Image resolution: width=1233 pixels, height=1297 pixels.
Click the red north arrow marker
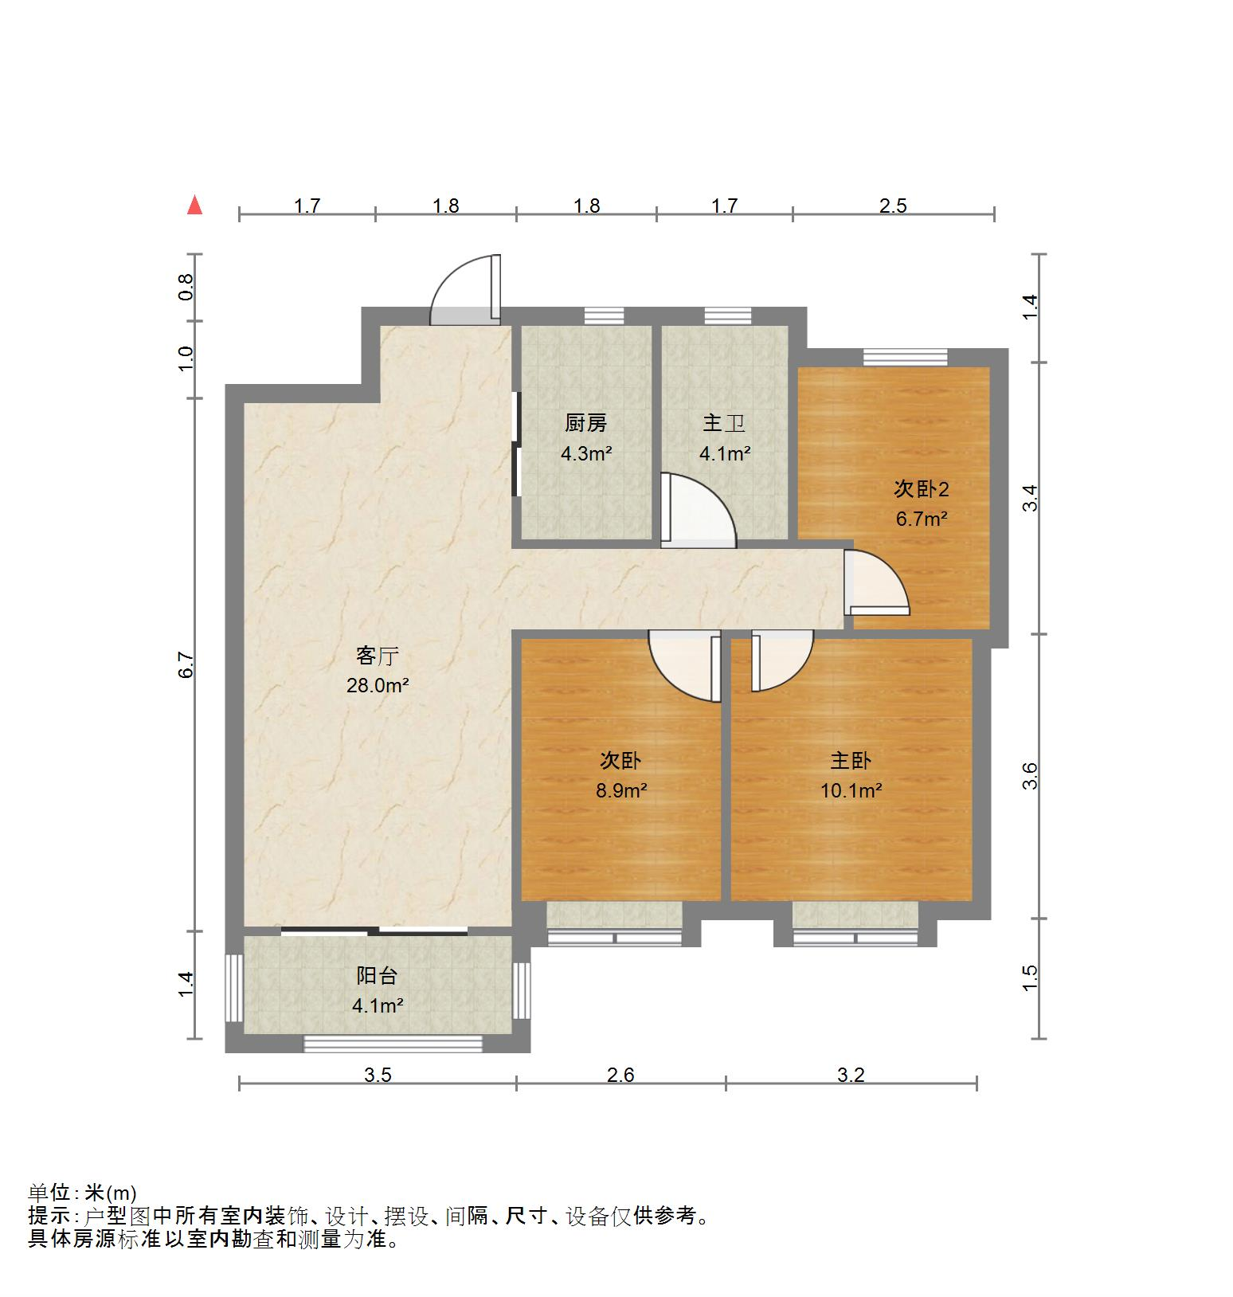(x=194, y=206)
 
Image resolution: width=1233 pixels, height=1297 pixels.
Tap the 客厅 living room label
(x=377, y=656)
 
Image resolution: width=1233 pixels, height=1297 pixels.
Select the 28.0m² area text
(x=377, y=685)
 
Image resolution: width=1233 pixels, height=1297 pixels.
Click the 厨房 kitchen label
(x=586, y=424)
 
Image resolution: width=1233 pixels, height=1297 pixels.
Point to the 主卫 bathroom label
(x=724, y=424)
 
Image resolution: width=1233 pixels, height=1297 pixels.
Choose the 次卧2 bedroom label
(x=921, y=489)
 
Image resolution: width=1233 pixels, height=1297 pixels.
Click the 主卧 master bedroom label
(x=851, y=761)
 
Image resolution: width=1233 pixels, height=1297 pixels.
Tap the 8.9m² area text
(x=620, y=791)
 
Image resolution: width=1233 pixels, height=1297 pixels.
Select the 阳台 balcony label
(x=377, y=976)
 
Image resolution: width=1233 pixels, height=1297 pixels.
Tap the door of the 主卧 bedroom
(x=780, y=660)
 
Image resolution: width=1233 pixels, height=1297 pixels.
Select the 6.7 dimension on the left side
(x=186, y=665)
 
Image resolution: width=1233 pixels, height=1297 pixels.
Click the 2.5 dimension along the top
(x=893, y=206)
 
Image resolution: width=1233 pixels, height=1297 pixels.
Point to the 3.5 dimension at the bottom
(x=378, y=1076)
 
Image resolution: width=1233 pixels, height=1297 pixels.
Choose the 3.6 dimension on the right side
(x=1030, y=776)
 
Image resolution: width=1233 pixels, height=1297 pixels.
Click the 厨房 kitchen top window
(x=605, y=315)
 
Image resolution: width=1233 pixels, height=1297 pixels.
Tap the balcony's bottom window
(x=393, y=1044)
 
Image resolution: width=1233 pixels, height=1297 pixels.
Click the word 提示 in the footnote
(x=49, y=1217)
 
